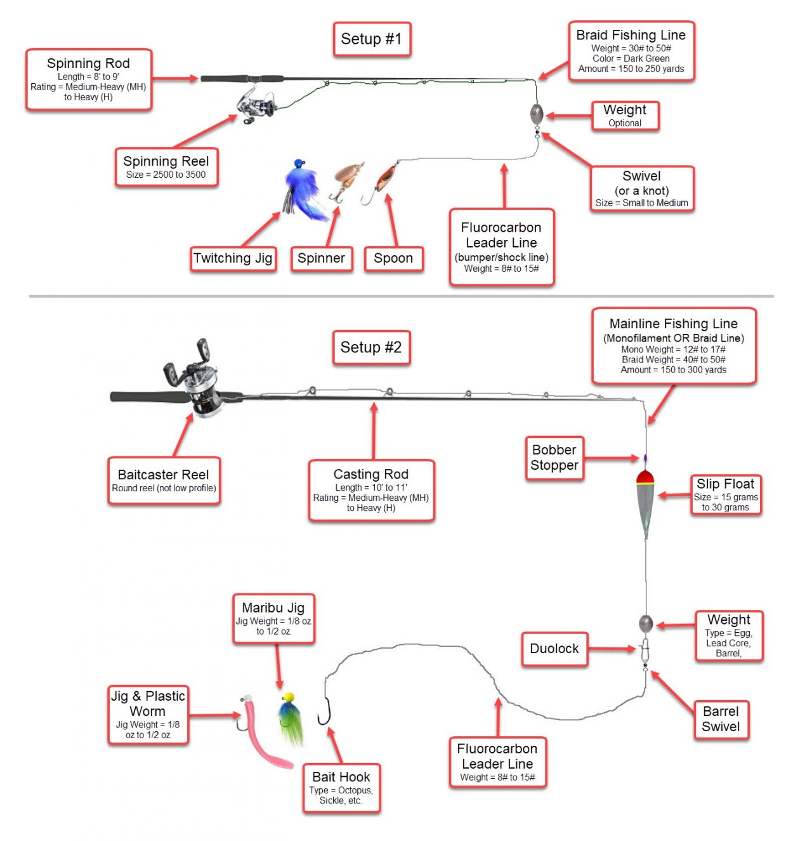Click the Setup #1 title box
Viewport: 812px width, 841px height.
click(x=372, y=39)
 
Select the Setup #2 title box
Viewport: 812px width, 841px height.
click(x=371, y=348)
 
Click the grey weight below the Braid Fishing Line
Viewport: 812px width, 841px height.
click(x=537, y=114)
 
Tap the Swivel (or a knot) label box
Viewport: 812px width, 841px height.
click(x=641, y=189)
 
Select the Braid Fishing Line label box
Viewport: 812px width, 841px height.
click(x=631, y=51)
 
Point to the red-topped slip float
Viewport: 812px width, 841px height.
click(x=646, y=501)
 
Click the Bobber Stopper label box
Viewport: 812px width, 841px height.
click(x=554, y=458)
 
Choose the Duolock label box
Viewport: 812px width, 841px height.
click(x=554, y=649)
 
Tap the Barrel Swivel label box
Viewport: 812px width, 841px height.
click(x=721, y=719)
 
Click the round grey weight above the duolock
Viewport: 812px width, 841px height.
click(x=646, y=623)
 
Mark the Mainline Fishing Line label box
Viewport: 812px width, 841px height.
click(x=674, y=346)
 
